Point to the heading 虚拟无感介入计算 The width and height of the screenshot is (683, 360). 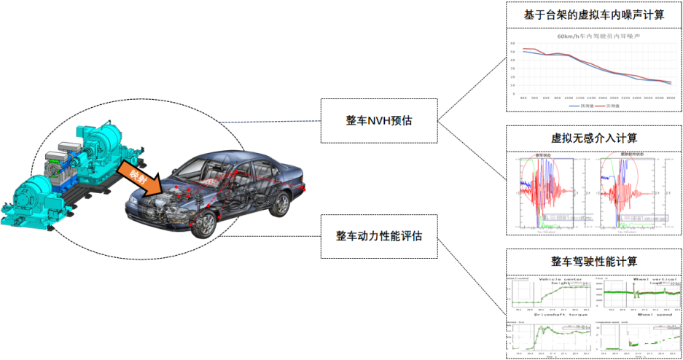coord(593,138)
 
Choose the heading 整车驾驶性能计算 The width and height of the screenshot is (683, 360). coord(593,261)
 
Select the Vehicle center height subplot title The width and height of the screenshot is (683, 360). coord(561,280)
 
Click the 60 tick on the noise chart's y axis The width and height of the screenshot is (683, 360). coord(513,43)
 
